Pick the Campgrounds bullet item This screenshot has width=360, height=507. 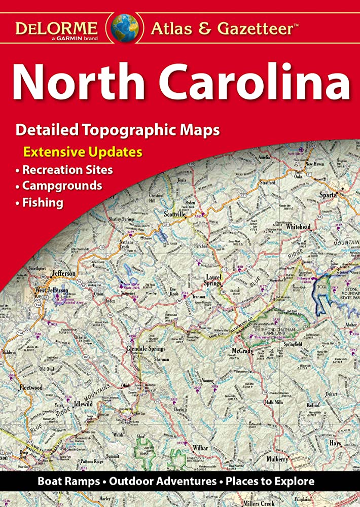[62, 186]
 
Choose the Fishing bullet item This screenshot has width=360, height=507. [43, 203]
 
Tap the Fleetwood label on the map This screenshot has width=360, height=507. [30, 387]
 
